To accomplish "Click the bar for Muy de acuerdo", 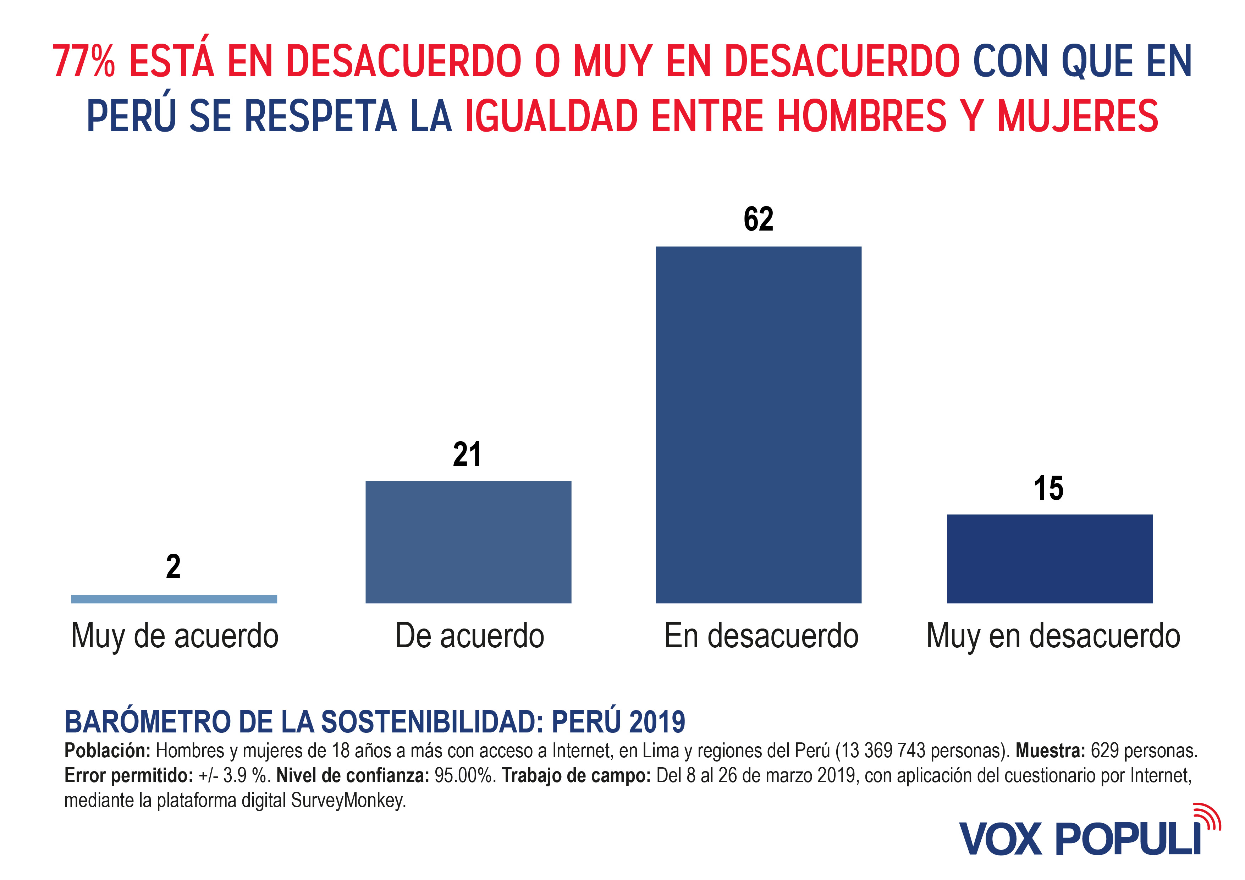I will tap(174, 599).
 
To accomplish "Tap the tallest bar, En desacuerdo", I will tap(758, 425).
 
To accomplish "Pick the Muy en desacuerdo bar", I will tap(1050, 559).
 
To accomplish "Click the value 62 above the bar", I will tap(758, 219).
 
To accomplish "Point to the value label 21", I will tap(467, 454).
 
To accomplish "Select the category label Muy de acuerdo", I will tap(175, 636).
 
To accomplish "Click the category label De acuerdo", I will tap(470, 636).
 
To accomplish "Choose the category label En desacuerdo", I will tap(761, 636).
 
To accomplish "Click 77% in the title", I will tap(84, 61).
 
